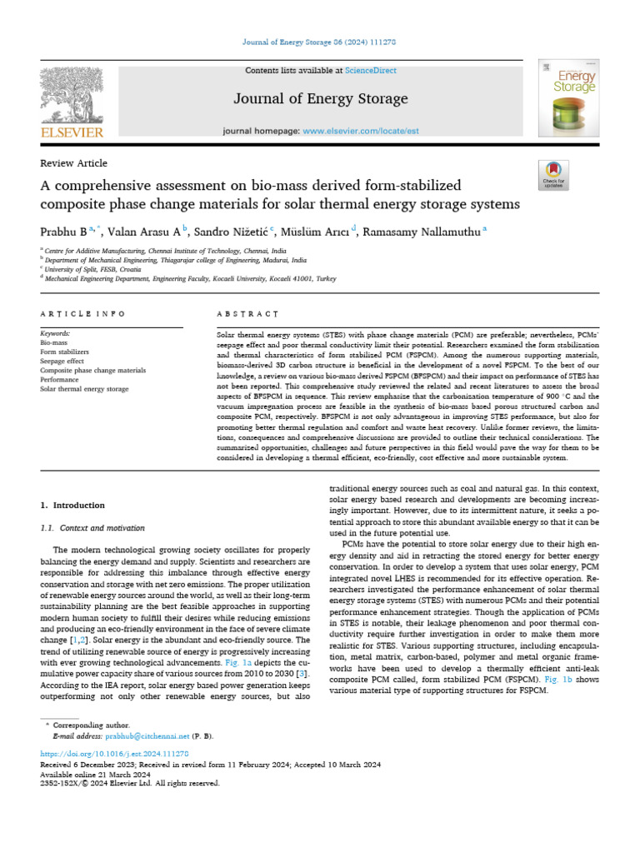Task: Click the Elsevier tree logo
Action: pos(72,98)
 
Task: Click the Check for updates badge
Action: pos(552,175)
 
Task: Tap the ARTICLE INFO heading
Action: pos(82,314)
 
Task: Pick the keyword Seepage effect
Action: pos(62,361)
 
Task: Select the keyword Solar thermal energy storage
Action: pos(84,388)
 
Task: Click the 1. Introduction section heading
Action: pos(72,506)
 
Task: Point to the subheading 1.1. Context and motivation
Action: pos(92,528)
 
